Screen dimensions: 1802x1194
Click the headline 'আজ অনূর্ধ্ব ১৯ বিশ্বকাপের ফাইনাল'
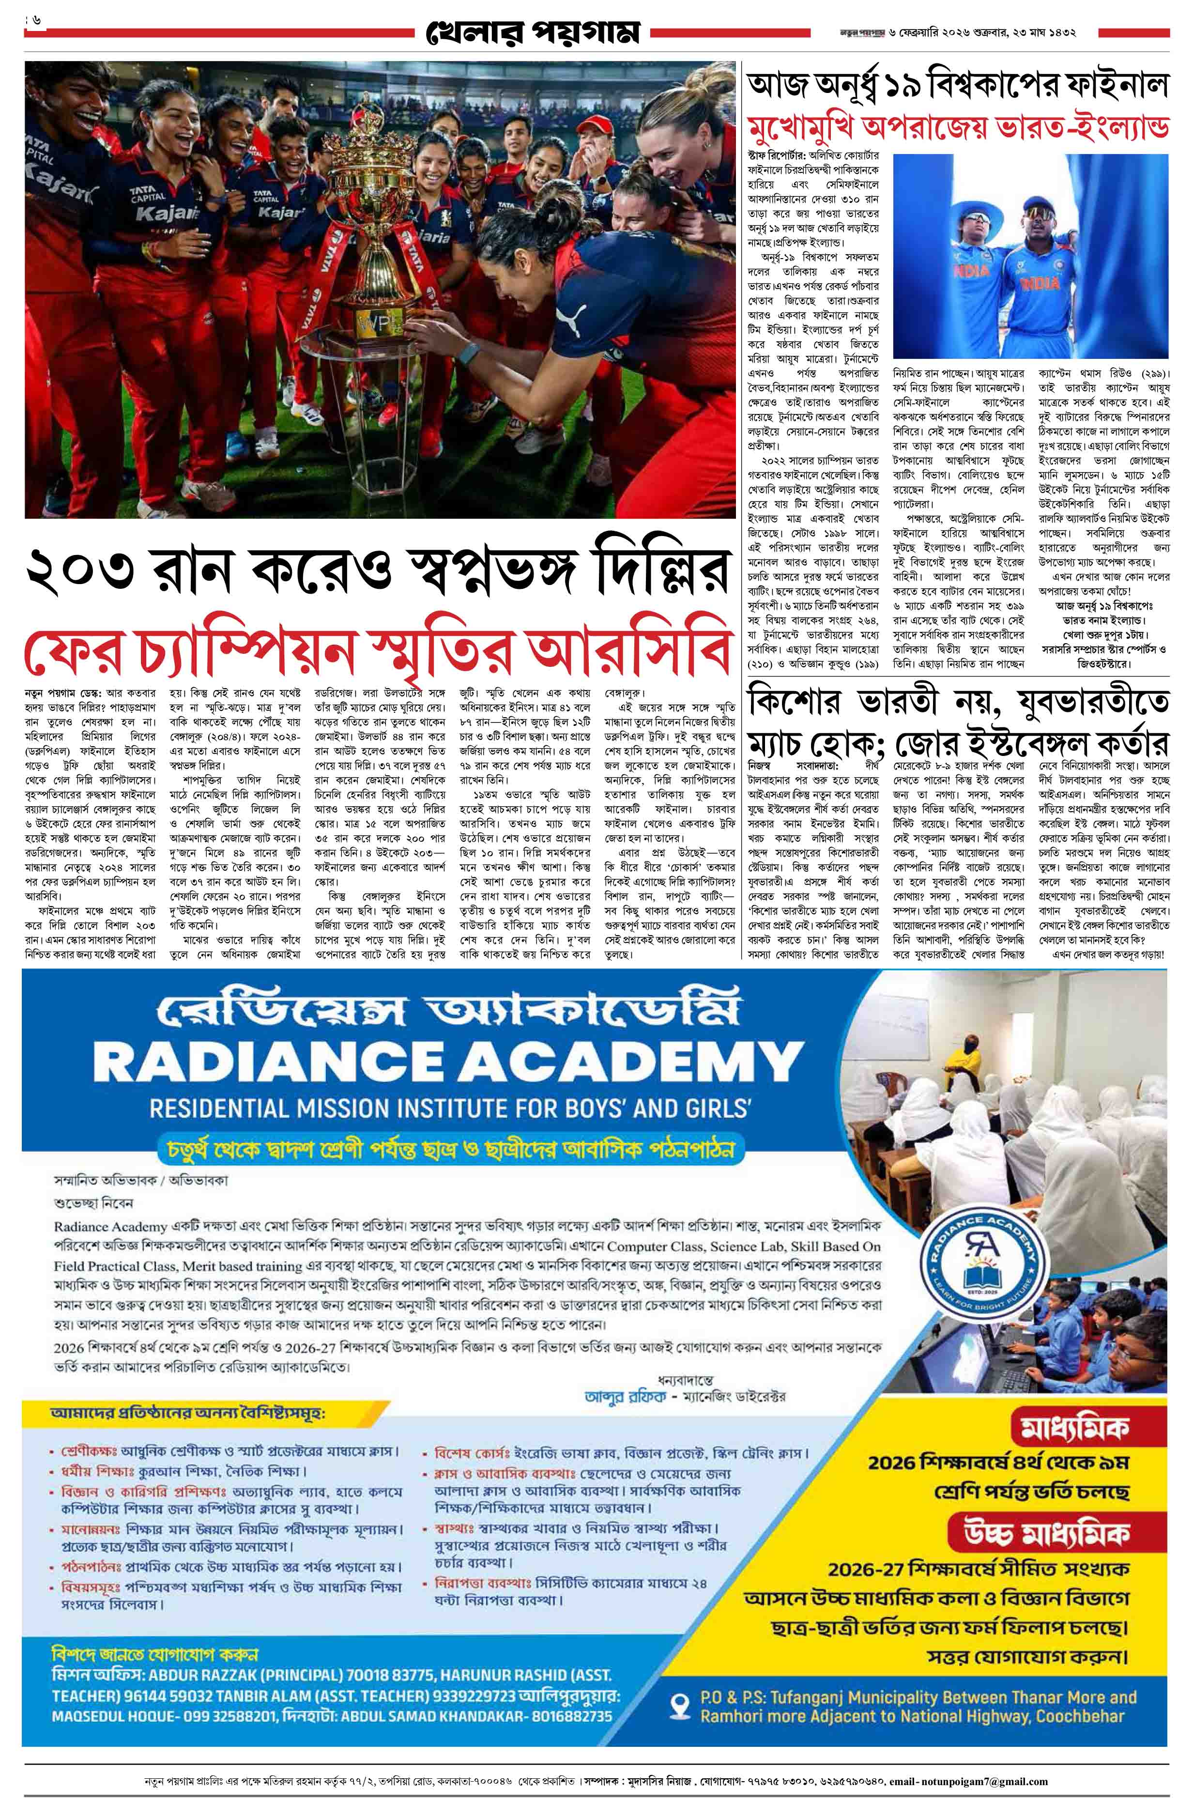click(x=956, y=85)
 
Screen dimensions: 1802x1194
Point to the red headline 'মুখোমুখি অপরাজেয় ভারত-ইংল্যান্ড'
click(x=956, y=126)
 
